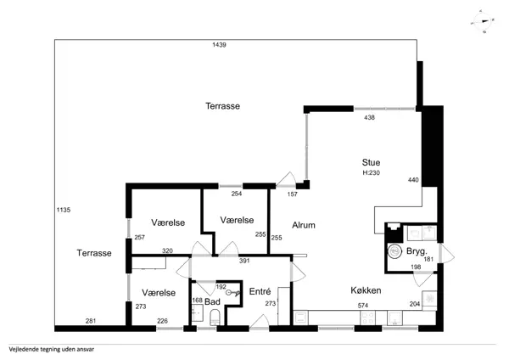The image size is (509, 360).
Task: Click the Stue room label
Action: tap(371, 162)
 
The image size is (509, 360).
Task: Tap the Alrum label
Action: tap(304, 225)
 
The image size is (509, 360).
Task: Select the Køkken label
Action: tap(366, 290)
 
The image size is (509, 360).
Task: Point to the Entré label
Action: tap(260, 291)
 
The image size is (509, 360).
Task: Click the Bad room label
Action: tap(212, 302)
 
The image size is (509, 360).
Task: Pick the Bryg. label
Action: tap(417, 251)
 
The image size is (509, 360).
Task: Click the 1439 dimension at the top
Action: tap(219, 45)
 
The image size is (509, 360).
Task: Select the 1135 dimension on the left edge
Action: tap(64, 210)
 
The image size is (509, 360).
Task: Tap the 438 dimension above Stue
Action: tap(369, 118)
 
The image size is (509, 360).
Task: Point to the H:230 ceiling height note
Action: tap(371, 173)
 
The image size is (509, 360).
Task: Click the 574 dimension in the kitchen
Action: tap(363, 306)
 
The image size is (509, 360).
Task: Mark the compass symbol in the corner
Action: tap(483, 21)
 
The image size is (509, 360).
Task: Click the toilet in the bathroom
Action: tap(215, 317)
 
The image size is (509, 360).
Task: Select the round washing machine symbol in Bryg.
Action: tap(395, 251)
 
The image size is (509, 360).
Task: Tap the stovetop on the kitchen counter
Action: tap(367, 318)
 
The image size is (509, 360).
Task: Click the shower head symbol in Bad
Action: tap(234, 293)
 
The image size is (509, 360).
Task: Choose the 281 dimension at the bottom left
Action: tap(91, 321)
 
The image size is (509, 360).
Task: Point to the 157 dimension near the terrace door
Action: tap(292, 194)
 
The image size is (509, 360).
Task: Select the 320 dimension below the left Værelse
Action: tap(167, 250)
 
